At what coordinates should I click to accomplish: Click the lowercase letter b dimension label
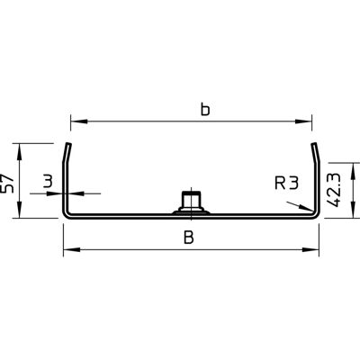[x=205, y=110]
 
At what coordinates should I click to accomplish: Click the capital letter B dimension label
[x=189, y=238]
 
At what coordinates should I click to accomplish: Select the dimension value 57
[x=8, y=184]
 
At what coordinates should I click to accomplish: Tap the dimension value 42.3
[x=334, y=190]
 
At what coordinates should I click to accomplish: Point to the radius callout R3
[x=286, y=184]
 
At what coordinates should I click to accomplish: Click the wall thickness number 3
[x=48, y=182]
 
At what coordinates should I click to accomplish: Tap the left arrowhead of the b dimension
[x=79, y=121]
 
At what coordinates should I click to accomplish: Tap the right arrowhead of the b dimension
[x=303, y=121]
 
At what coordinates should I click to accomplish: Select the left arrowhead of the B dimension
[x=72, y=249]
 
